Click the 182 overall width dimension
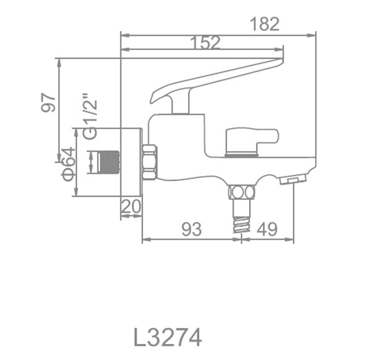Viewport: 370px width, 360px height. pos(265,24)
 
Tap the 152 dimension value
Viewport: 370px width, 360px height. pos(205,43)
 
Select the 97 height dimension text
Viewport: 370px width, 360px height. pos(48,102)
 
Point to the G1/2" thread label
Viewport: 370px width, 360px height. pos(90,117)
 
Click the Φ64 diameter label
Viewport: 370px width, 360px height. pos(68,164)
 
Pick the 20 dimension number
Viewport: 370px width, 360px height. pos(131,207)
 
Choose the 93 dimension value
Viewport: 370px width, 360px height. pos(192,229)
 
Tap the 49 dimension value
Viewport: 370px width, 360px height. pos(267,229)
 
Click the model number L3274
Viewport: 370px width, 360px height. pos(168,337)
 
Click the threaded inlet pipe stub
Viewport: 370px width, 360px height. pos(109,162)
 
